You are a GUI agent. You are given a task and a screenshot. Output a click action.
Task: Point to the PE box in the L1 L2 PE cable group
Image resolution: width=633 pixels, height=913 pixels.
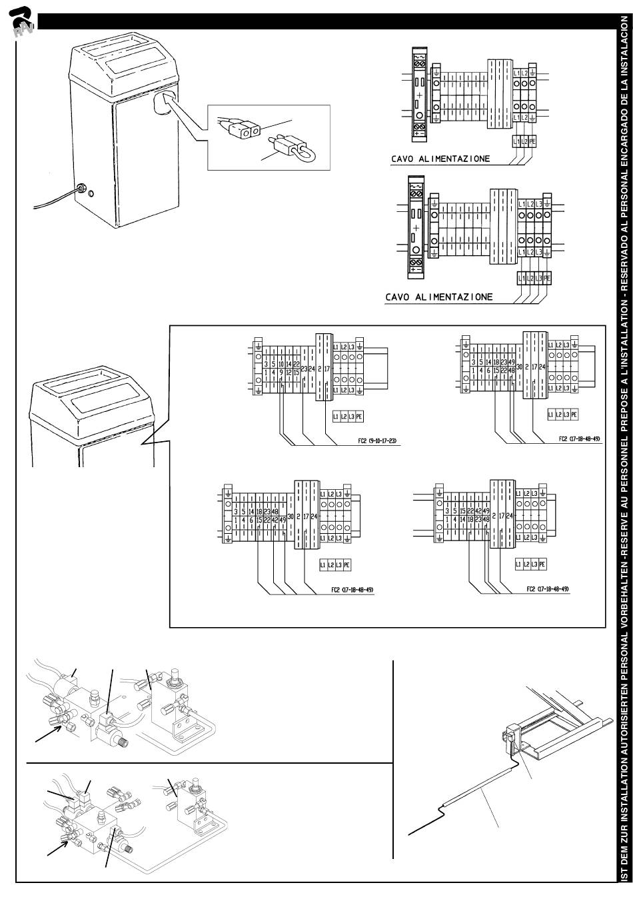tap(532, 141)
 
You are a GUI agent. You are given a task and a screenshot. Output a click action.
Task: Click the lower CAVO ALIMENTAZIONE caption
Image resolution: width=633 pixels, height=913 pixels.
tap(439, 297)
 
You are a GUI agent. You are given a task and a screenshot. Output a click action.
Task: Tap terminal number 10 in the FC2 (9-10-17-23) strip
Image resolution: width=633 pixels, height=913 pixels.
tap(281, 365)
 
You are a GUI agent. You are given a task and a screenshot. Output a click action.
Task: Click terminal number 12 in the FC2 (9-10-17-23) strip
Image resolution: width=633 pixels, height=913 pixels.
tap(289, 372)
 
